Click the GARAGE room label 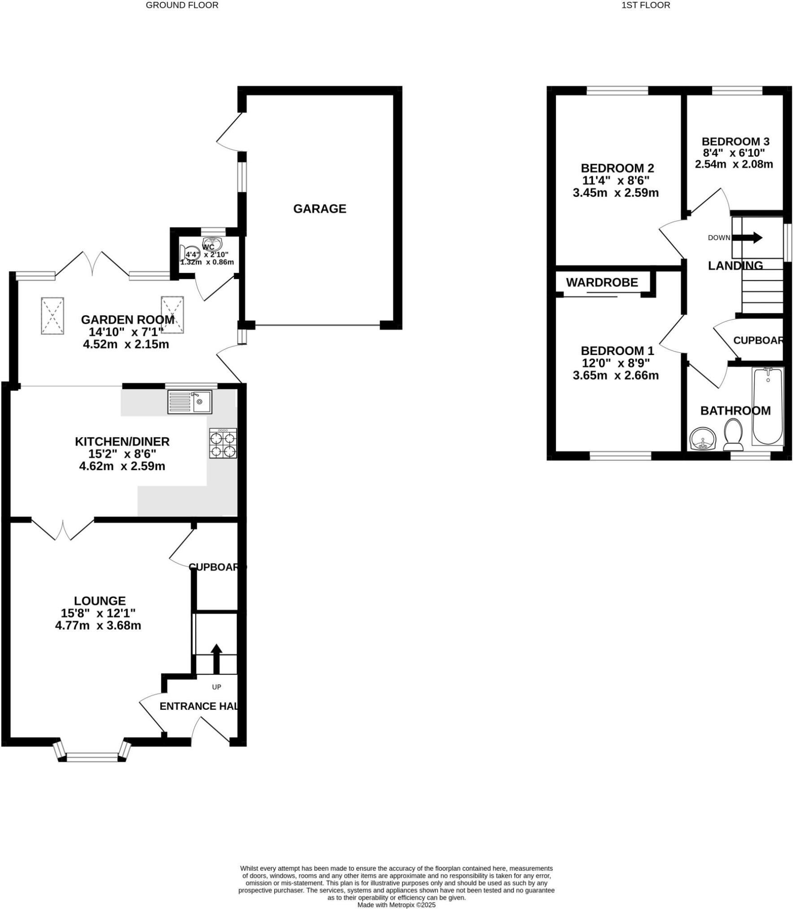coord(320,209)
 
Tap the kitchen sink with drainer coord(190,401)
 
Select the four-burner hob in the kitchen coord(223,444)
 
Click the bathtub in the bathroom coord(768,406)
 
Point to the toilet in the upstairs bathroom coord(733,435)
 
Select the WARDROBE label coord(602,282)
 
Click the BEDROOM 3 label coord(736,141)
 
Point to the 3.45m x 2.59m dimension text coord(616,193)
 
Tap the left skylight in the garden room coord(53,316)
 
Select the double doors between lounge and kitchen coord(63,530)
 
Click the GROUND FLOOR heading coord(182,5)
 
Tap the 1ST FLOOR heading coord(645,5)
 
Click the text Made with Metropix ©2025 coord(396,905)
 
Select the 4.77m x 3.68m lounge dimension coord(98,625)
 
